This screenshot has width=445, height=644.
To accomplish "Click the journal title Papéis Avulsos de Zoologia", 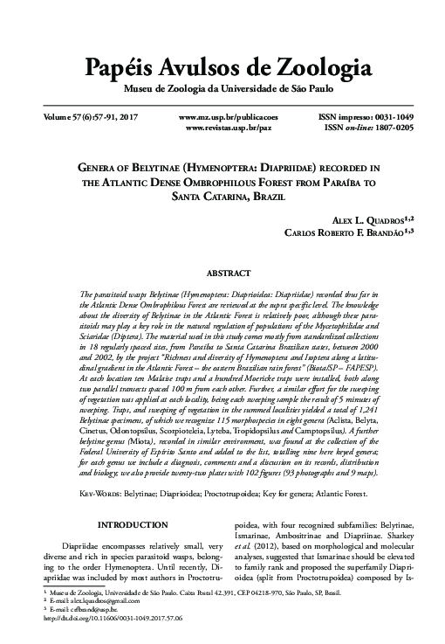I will pos(222,67).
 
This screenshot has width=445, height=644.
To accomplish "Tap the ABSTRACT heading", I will pos(222,273).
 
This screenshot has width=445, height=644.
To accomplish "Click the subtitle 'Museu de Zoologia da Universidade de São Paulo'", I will pos(222,88).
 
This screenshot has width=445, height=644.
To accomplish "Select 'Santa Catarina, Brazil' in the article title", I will pos(222,197).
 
